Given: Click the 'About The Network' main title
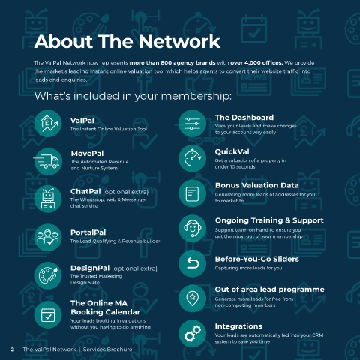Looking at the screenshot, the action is click(127, 41).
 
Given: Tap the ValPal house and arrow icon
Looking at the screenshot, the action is click(48, 124).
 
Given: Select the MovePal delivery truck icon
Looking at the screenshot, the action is click(47, 161).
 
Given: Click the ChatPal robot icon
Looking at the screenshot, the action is click(48, 199).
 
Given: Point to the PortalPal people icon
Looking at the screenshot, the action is click(48, 237).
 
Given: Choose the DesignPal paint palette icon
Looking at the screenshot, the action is click(48, 275).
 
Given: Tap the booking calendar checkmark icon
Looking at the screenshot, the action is click(48, 314).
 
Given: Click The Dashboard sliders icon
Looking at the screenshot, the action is click(193, 124).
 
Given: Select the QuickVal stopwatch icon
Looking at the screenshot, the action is click(193, 158).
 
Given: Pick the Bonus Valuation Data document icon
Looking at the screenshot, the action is click(193, 193).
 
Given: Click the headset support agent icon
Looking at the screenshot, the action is click(193, 228).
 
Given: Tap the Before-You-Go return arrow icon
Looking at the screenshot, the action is click(193, 263).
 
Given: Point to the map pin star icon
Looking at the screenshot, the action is click(193, 298).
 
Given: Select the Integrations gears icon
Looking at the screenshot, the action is click(193, 333).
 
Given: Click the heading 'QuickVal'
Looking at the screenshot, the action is click(232, 152).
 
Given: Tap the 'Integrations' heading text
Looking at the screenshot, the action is click(238, 326).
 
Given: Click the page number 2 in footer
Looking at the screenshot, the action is click(13, 349).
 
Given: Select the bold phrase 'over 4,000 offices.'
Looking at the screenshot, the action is click(256, 63).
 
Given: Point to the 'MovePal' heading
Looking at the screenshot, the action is click(87, 154).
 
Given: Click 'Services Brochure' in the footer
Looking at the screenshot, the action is click(107, 349).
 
